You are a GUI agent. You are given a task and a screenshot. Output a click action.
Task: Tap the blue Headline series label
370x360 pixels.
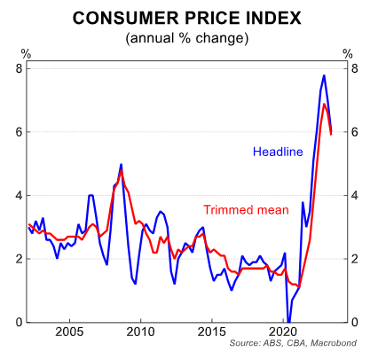click(279, 151)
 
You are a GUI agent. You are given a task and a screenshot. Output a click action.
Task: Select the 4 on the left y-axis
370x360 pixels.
click(19, 195)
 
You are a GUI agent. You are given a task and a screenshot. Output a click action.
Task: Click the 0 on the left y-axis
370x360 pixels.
click(19, 322)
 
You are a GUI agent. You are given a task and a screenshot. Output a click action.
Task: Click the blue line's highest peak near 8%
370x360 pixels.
click(323, 74)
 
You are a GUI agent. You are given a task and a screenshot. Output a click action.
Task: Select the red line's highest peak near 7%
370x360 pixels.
click(325, 104)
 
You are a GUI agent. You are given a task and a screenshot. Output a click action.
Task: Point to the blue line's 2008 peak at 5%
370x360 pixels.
click(121, 164)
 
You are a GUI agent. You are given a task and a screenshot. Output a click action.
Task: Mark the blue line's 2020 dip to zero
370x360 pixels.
click(287, 320)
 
